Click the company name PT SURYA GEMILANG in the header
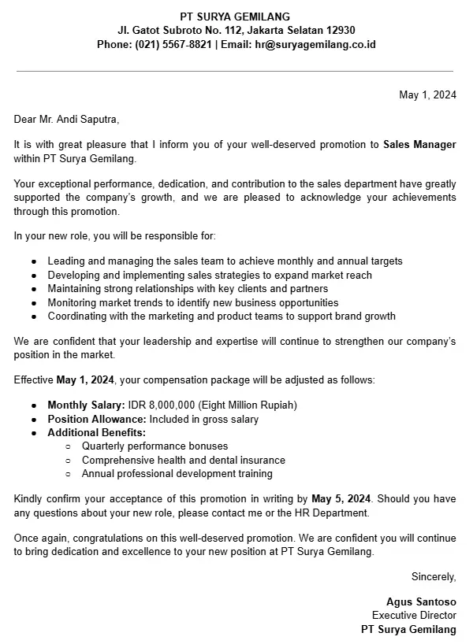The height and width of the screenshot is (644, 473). click(x=235, y=17)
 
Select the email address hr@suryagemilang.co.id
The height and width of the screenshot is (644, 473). click(x=315, y=45)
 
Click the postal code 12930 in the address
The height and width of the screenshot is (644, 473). click(x=341, y=31)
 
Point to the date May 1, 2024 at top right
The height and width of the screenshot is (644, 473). click(x=427, y=95)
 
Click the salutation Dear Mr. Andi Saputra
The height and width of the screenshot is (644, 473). click(x=66, y=120)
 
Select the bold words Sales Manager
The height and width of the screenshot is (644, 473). click(x=419, y=145)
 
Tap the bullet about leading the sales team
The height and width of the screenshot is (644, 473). click(x=225, y=261)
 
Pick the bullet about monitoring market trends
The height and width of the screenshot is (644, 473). click(x=192, y=302)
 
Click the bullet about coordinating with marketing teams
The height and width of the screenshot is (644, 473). click(x=221, y=316)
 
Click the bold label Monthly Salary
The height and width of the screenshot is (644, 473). click(x=85, y=405)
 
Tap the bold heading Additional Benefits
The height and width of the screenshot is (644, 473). click(x=96, y=433)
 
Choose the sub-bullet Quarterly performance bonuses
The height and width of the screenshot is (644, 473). click(x=155, y=446)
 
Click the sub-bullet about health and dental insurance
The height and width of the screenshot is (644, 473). click(x=183, y=461)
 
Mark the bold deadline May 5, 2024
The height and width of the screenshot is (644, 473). click(x=341, y=500)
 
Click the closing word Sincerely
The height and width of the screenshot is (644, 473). click(x=434, y=577)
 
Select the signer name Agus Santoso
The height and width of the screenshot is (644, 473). click(x=421, y=602)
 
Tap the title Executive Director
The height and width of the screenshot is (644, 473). click(x=414, y=616)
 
